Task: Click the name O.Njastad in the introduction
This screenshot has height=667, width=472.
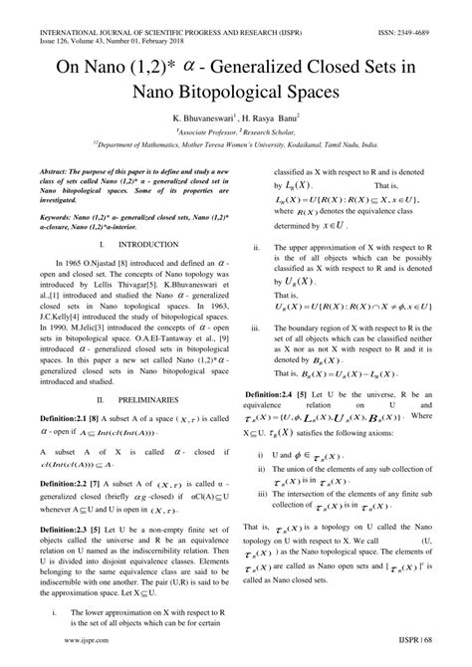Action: coord(117,259)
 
